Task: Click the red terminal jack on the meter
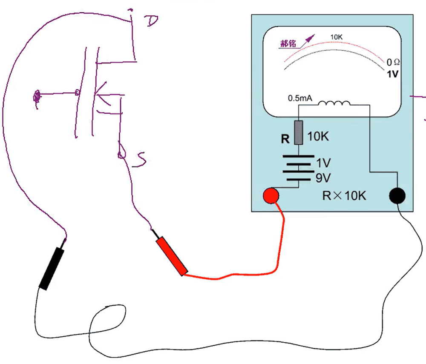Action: pyautogui.click(x=271, y=196)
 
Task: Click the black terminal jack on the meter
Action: pyautogui.click(x=397, y=196)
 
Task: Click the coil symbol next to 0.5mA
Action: pyautogui.click(x=334, y=104)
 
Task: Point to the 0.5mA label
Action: pyautogui.click(x=300, y=98)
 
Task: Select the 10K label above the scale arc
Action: pyautogui.click(x=337, y=37)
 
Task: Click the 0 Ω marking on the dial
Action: pyautogui.click(x=392, y=63)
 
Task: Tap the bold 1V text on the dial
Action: pyautogui.click(x=392, y=74)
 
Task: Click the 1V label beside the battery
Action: pyautogui.click(x=323, y=163)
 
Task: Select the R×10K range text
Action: pyautogui.click(x=344, y=196)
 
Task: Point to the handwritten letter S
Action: pyautogui.click(x=141, y=160)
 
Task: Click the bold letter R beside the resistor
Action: pyautogui.click(x=285, y=139)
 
